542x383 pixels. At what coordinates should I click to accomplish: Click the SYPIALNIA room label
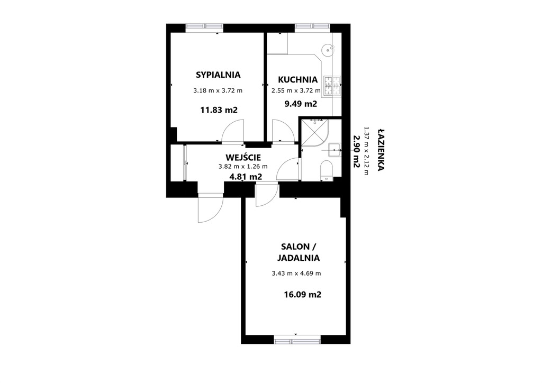click(218, 75)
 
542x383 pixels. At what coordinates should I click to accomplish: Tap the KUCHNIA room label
click(297, 79)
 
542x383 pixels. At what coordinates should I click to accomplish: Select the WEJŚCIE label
click(243, 157)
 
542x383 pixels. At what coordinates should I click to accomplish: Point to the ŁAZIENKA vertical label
click(381, 150)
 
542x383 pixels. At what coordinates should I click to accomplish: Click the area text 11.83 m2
click(219, 110)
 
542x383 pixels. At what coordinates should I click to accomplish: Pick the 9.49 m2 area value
click(301, 104)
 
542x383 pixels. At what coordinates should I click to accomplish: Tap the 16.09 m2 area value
click(302, 295)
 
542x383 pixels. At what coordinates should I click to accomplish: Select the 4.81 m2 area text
click(246, 177)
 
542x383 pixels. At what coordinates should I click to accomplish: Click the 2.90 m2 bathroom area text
click(356, 151)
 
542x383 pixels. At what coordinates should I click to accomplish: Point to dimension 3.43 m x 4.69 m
click(296, 273)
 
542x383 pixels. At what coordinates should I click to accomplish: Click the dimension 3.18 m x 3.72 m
click(218, 90)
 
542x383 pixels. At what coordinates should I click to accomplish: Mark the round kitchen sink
click(327, 50)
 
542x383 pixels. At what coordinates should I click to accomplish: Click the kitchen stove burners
click(332, 86)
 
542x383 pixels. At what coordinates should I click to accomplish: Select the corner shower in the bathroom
click(315, 133)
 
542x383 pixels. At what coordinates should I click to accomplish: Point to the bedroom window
click(204, 26)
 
